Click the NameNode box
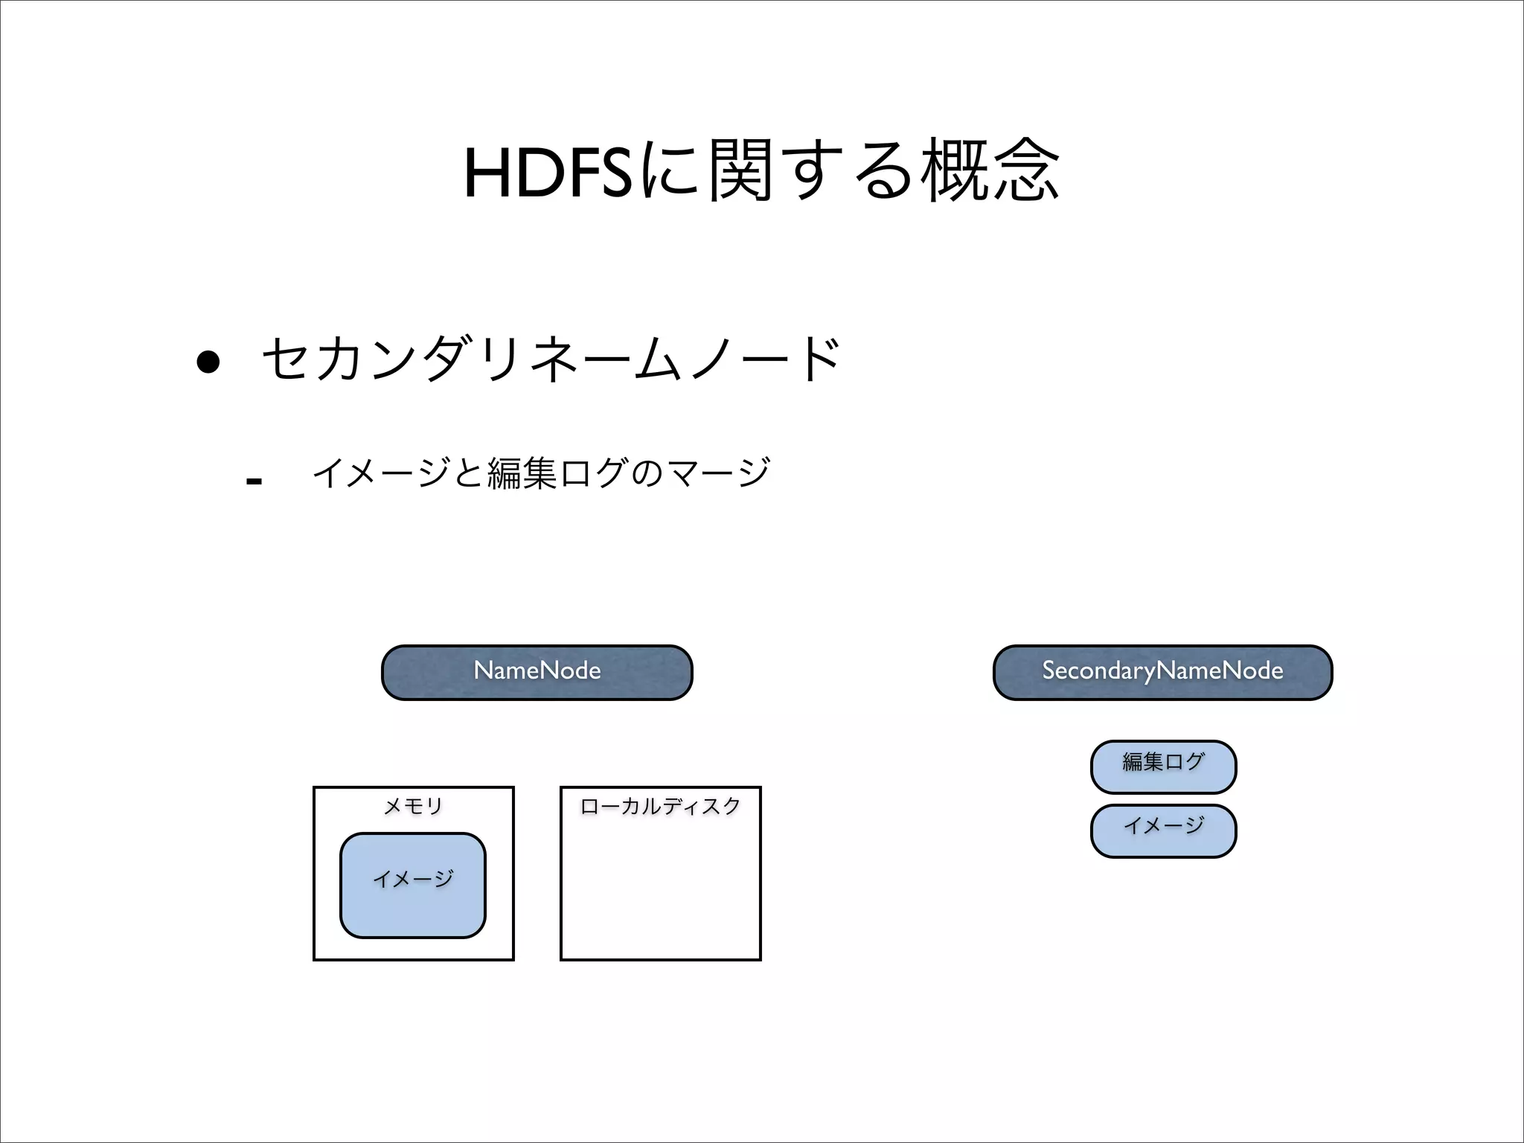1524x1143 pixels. click(537, 672)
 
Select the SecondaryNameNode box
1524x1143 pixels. click(1162, 672)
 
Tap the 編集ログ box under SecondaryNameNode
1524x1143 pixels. click(1163, 766)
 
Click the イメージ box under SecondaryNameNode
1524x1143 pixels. click(1163, 830)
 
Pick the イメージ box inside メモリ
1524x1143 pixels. click(413, 885)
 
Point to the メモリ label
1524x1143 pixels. click(413, 806)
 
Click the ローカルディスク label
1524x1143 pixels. click(660, 806)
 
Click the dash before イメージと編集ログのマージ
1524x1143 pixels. click(254, 481)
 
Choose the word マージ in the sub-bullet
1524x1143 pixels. click(719, 473)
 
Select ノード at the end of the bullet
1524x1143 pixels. click(766, 359)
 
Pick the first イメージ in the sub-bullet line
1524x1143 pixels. click(381, 473)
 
